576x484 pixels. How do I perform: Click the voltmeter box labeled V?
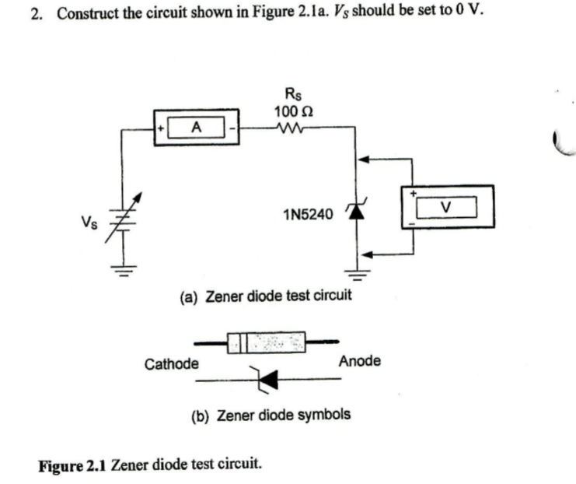(445, 207)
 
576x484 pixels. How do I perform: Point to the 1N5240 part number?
(308, 212)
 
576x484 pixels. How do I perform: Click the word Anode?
(359, 360)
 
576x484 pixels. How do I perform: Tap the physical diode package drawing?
(266, 341)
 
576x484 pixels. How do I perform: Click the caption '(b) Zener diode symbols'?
(271, 415)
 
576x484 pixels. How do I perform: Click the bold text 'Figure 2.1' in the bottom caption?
(73, 465)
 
